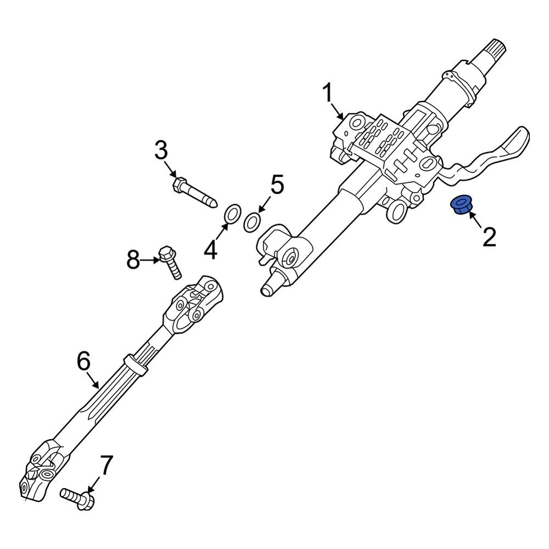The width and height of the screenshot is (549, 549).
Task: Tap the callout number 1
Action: [x=327, y=94]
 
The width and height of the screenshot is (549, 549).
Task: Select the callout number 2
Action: [x=489, y=237]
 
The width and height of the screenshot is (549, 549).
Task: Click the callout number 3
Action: [x=160, y=150]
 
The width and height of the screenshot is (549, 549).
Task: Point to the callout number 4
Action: [x=211, y=251]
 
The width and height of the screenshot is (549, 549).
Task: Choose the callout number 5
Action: [x=276, y=185]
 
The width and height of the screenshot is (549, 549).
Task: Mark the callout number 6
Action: [x=83, y=362]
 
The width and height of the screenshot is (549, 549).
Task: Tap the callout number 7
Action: [x=105, y=466]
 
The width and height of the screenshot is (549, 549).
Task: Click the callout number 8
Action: [x=133, y=260]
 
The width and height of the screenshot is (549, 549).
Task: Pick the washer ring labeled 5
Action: [x=252, y=222]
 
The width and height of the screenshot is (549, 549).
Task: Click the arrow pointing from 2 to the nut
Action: [x=475, y=222]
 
